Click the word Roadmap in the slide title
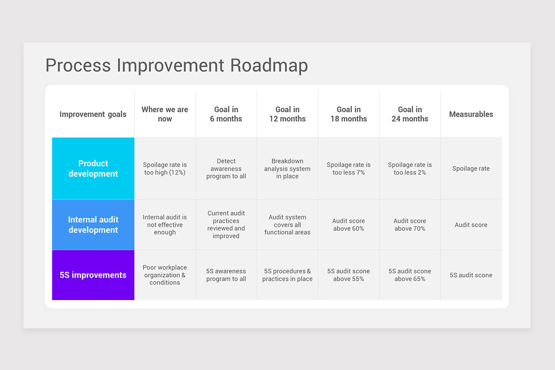269,65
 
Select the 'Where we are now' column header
165,114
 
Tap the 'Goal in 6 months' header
226,114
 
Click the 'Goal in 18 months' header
348,114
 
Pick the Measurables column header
471,114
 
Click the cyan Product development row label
93,168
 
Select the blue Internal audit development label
93,225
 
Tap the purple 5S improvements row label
93,275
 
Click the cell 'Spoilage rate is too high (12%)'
165,169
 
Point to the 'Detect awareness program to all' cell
226,169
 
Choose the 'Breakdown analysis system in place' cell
287,169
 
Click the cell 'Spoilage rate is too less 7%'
348,169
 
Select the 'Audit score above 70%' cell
410,225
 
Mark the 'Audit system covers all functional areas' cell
287,225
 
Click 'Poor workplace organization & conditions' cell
165,275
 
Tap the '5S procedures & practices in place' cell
287,275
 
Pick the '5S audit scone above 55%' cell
348,275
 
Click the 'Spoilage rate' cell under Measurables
471,169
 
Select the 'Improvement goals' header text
93,114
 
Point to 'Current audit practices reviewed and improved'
226,225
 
